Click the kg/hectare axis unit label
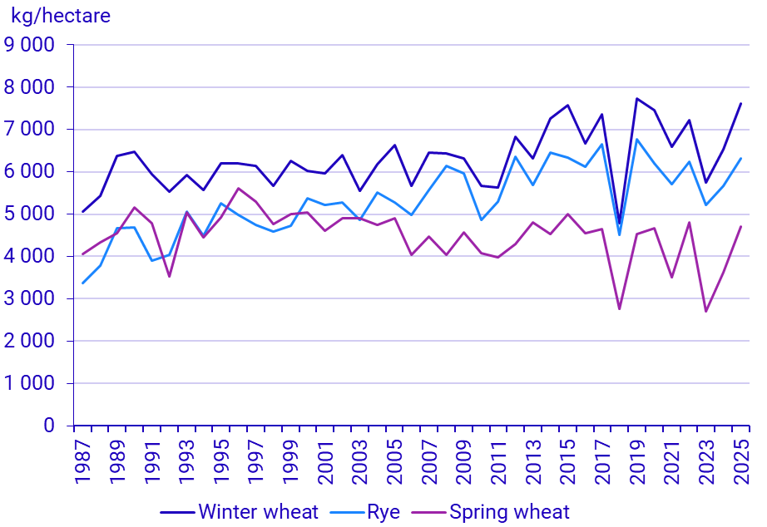point(60,16)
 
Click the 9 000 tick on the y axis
point(30,45)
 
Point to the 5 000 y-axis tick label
point(30,214)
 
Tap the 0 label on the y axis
point(49,426)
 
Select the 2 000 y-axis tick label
point(30,341)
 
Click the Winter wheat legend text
point(258,512)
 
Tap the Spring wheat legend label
point(509,512)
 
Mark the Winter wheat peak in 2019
point(636,99)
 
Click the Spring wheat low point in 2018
point(619,309)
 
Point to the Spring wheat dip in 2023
point(705,311)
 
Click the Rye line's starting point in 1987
point(83,283)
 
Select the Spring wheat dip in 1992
point(170,276)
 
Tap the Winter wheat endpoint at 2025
point(740,104)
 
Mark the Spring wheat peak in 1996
point(239,189)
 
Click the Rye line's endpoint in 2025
point(740,159)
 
